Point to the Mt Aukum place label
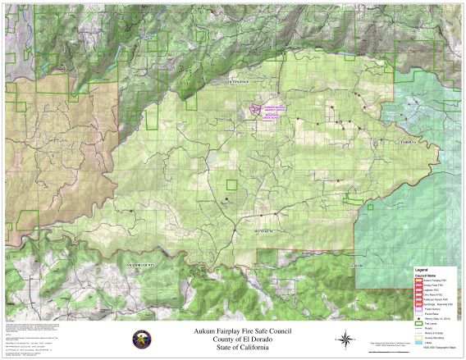coord(265,233)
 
